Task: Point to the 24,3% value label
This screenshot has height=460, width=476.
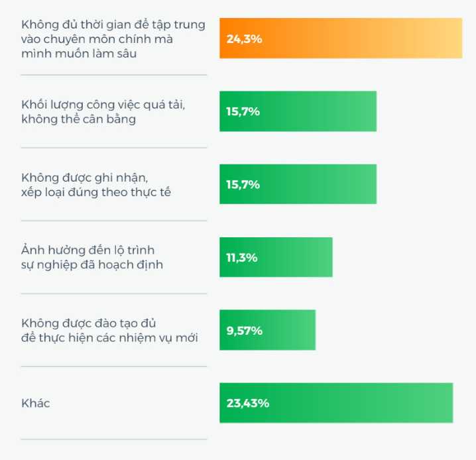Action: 244,39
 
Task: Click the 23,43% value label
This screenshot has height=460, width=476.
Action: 247,403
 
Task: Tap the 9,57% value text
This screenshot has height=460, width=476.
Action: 245,330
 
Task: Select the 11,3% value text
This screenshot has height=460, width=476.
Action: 242,257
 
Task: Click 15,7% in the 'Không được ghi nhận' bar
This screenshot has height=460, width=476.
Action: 243,184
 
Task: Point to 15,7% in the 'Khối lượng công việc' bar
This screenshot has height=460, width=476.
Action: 243,111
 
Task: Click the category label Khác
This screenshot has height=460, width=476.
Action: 35,403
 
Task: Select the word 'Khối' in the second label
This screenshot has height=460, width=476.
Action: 34,105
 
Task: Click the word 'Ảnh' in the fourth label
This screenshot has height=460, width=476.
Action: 32,250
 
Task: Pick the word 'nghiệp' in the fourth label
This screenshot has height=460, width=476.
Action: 58,265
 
